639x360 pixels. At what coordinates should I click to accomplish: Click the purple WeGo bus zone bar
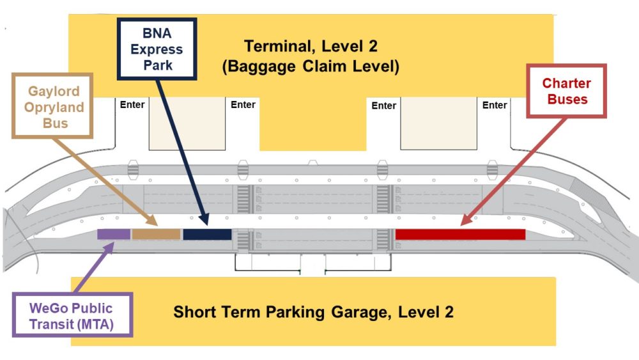tap(114, 234)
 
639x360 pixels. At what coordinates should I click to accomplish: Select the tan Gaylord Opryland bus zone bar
tap(156, 234)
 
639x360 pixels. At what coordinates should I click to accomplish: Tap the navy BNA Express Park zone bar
tap(207, 234)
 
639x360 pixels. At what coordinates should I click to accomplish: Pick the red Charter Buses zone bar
tap(460, 234)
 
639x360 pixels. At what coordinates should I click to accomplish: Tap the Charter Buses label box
tap(566, 91)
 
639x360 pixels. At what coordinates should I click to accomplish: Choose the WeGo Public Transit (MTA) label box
tap(72, 314)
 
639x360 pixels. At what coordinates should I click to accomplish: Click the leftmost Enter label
tap(132, 104)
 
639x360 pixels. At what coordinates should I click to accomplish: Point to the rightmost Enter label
tap(494, 105)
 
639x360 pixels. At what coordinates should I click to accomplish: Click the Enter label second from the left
tap(243, 104)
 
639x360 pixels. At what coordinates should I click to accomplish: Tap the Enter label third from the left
tap(383, 106)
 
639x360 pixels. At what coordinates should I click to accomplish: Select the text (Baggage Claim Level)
tap(311, 67)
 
